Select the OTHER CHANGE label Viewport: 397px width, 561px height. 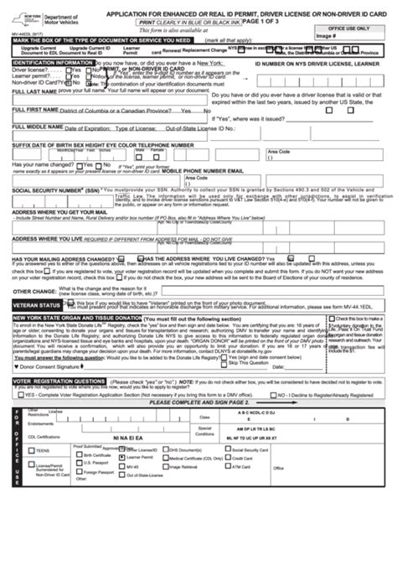[34, 292]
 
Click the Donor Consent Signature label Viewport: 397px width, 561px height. [46, 366]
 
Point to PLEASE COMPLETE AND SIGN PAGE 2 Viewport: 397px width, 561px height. [198, 403]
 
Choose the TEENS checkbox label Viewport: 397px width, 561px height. [41, 451]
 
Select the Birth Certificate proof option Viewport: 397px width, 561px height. [95, 455]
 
